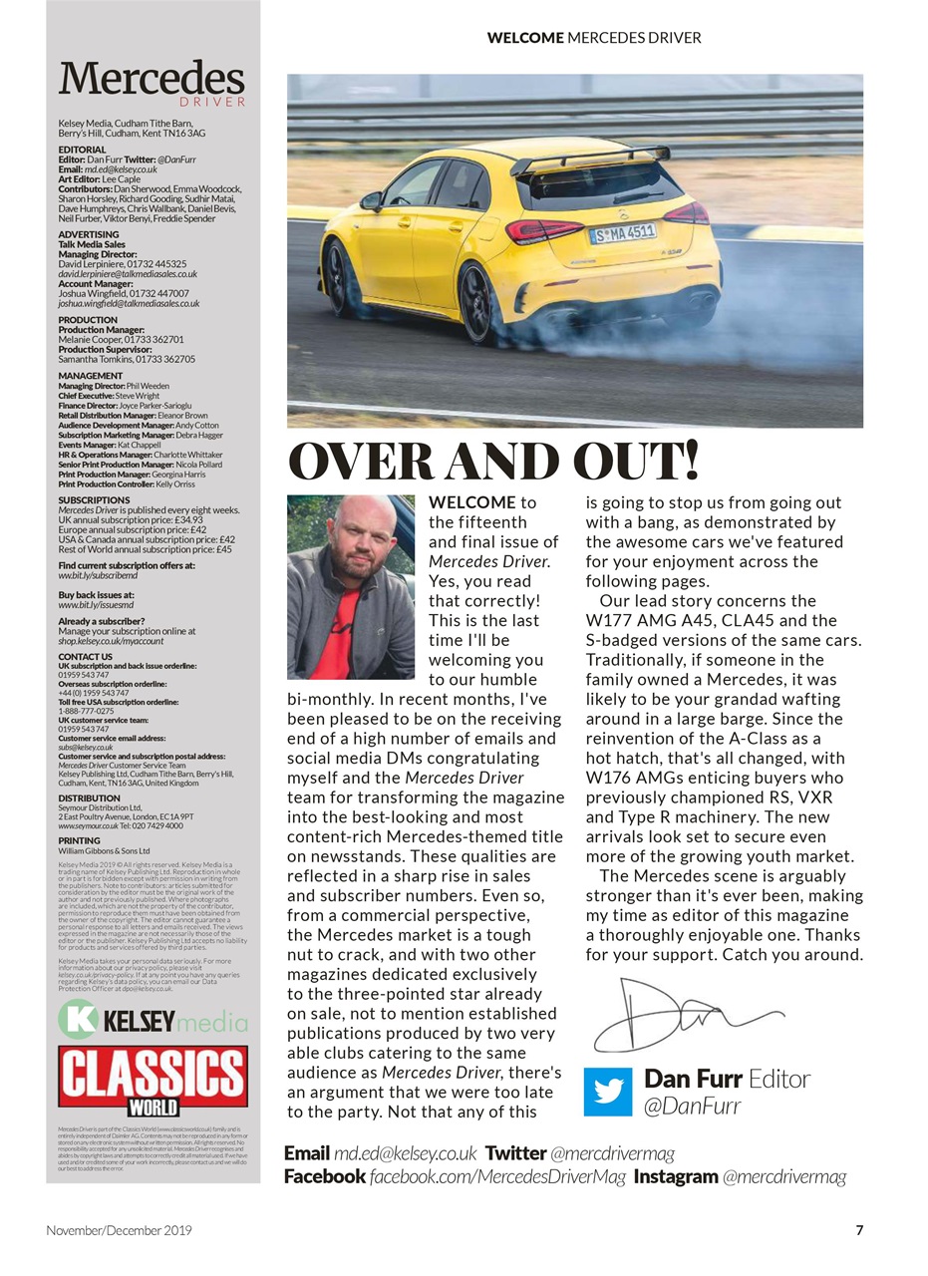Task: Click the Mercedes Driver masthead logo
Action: click(x=152, y=82)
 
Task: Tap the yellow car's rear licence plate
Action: click(x=623, y=234)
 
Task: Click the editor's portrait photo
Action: click(x=350, y=587)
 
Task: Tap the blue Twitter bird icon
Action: click(x=608, y=1091)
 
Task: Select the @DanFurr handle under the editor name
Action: click(x=694, y=1106)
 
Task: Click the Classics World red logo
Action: click(x=153, y=1080)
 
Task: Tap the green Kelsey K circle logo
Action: click(x=77, y=1020)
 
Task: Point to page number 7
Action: click(x=859, y=1230)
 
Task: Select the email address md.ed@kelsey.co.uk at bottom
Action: click(x=405, y=1153)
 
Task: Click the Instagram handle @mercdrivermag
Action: click(x=783, y=1176)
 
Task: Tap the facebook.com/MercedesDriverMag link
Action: click(x=497, y=1176)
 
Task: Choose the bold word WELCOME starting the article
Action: click(x=471, y=502)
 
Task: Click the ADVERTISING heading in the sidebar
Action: click(x=89, y=235)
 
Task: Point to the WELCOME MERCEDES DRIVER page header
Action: click(x=594, y=38)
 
